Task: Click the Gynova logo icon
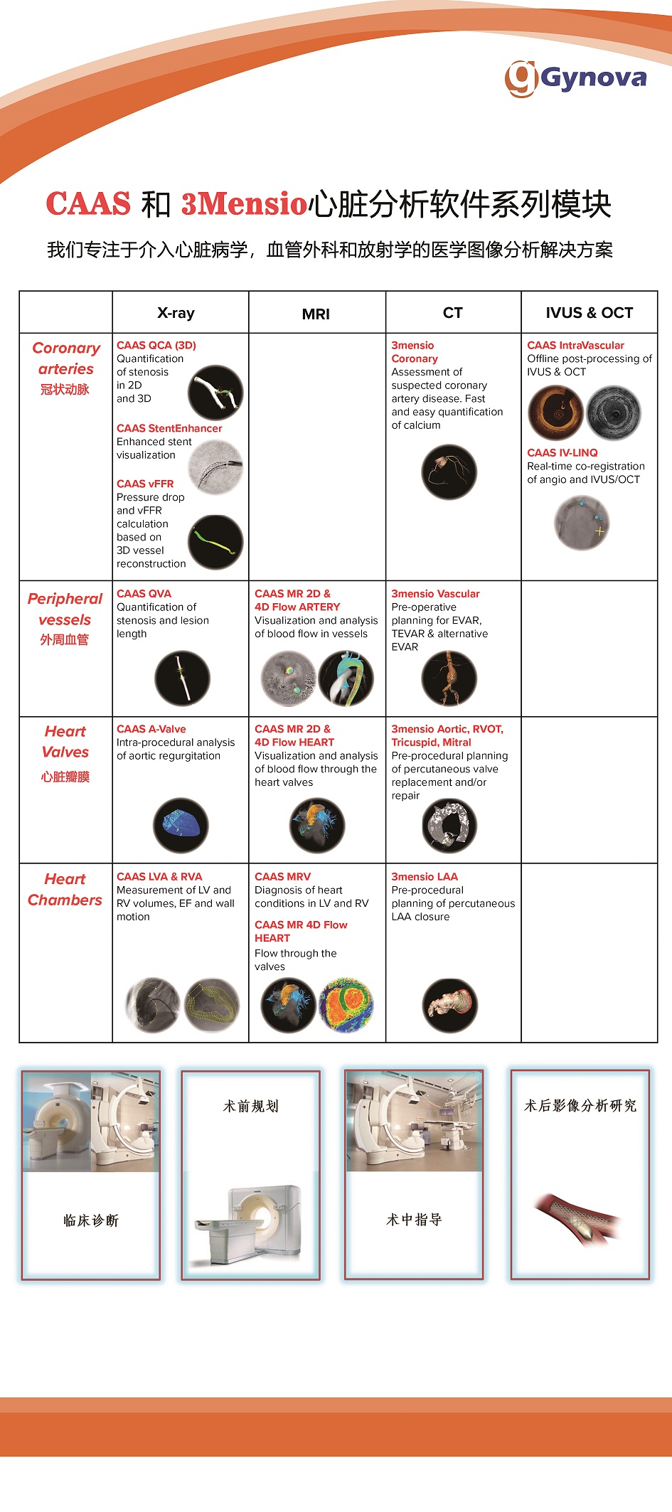(x=521, y=78)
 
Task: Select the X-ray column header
(x=176, y=313)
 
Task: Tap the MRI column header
(x=316, y=314)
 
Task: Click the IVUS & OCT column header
(x=589, y=313)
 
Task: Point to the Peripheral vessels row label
(x=65, y=609)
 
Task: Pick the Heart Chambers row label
(x=65, y=890)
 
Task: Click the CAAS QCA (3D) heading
(x=156, y=346)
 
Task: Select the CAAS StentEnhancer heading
(x=169, y=428)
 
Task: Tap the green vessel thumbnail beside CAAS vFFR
(x=215, y=543)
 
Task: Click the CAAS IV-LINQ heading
(x=562, y=453)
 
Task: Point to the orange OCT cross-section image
(x=555, y=413)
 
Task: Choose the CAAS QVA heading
(x=144, y=594)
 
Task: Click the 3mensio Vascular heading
(x=435, y=594)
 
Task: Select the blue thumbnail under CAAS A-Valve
(x=181, y=825)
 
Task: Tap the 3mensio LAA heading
(x=425, y=877)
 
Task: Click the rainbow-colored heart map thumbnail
(x=346, y=1005)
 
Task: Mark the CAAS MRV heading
(x=282, y=877)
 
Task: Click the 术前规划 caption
(x=250, y=1106)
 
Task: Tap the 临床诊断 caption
(x=91, y=1220)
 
